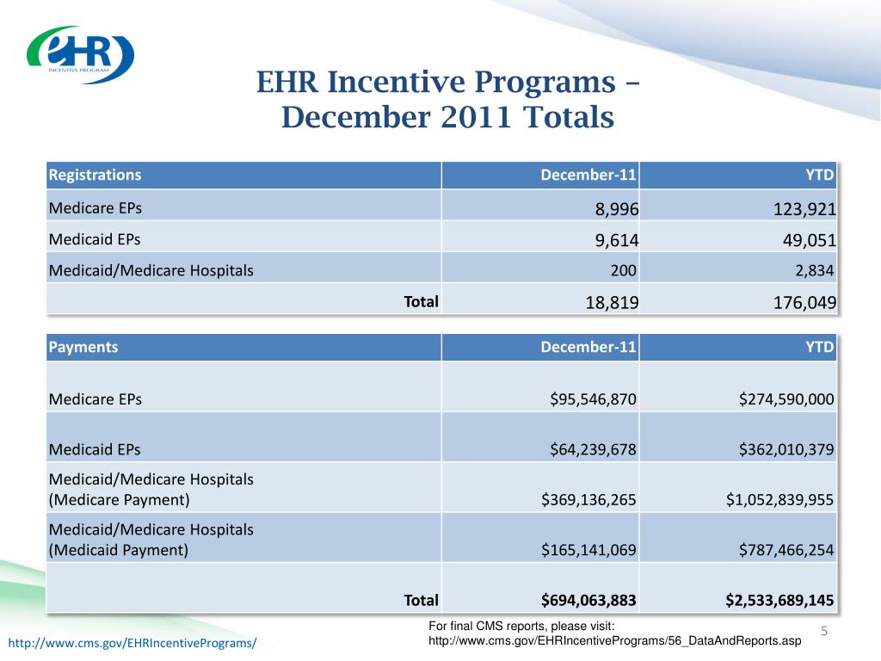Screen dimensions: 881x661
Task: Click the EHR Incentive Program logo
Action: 80,54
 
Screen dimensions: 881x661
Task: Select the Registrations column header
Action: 95,175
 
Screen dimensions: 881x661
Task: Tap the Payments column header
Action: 83,347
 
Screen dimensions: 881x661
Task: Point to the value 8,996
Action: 616,209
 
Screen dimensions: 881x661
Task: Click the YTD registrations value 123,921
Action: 804,209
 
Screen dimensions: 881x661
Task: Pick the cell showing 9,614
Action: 616,241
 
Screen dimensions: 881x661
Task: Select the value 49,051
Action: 809,241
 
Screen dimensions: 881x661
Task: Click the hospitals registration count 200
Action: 623,271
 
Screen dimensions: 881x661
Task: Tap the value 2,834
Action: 814,271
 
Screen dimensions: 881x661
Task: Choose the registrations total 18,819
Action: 612,303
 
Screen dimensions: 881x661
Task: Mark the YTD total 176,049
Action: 804,303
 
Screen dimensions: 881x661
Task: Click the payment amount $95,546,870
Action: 593,399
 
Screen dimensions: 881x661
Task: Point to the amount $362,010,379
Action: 786,449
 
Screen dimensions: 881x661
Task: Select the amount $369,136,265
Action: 588,500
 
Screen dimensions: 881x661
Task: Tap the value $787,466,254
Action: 786,550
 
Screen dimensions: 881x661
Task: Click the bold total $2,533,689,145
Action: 779,600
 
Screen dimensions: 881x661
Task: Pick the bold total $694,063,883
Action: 588,600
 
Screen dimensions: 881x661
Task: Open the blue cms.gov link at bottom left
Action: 132,643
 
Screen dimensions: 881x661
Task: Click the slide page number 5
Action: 824,631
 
